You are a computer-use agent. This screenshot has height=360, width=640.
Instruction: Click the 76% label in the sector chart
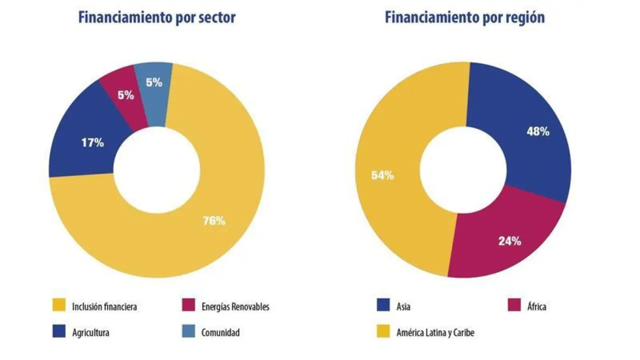(213, 220)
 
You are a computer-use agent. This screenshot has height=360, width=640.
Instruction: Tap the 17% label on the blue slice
(92, 142)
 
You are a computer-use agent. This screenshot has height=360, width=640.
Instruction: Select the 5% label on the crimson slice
(125, 95)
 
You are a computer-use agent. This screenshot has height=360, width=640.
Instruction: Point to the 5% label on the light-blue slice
(154, 82)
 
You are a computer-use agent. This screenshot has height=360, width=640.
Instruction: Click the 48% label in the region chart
(538, 131)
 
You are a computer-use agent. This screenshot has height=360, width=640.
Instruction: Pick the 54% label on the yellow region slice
(382, 175)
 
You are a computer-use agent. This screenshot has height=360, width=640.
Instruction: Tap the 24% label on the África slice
(509, 241)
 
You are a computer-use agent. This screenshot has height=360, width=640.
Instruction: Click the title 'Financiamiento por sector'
(156, 17)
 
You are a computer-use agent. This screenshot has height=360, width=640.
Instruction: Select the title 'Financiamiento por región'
(464, 17)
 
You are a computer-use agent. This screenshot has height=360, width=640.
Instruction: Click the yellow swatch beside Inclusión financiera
(59, 306)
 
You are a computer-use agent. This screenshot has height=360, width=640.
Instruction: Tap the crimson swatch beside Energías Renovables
(188, 306)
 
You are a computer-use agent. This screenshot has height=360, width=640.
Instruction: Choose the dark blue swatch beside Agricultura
(59, 332)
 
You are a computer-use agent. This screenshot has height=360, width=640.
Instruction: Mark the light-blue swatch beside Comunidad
(188, 332)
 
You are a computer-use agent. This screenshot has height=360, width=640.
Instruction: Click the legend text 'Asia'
(403, 306)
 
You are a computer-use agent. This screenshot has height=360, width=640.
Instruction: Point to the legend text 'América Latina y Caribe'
(435, 332)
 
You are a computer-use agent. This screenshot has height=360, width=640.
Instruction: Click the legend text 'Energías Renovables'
(235, 306)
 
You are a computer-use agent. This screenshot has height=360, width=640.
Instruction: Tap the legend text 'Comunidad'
(220, 332)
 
